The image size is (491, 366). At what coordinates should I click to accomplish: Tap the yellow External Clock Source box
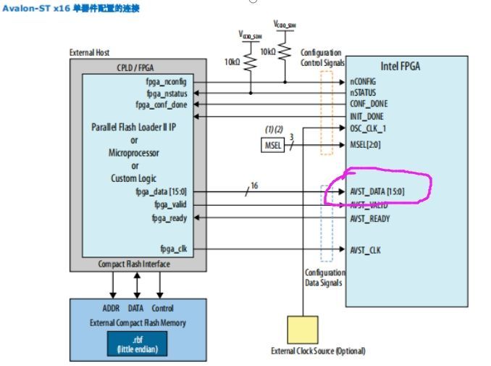coord(303,329)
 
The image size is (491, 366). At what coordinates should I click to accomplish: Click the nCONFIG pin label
coord(364,81)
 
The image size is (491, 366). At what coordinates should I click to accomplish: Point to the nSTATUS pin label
coord(364,93)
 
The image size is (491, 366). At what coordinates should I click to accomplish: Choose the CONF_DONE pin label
coord(369,104)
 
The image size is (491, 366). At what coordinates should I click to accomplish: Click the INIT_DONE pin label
coord(366,116)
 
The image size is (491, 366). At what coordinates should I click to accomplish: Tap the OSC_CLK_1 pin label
coord(369,128)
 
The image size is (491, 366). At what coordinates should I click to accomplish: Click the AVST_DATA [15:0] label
coord(377,192)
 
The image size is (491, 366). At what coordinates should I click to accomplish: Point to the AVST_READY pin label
coord(370,217)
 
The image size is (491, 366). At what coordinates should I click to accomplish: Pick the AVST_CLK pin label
coord(365,250)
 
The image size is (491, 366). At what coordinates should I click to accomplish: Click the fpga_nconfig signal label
coord(167,81)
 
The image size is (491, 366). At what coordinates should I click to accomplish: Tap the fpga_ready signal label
coord(169,217)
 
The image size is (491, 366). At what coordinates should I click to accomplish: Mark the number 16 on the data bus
coord(254,186)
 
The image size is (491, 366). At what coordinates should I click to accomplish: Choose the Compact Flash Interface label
coord(134,265)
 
